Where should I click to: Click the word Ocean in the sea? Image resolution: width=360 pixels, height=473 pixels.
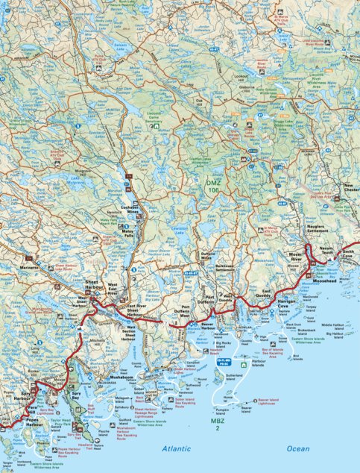[298, 448]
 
